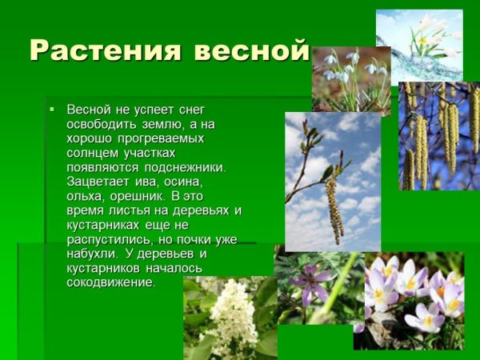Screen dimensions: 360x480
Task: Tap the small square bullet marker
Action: pyautogui.click(x=51, y=107)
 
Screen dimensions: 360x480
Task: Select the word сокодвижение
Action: pyautogui.click(x=111, y=282)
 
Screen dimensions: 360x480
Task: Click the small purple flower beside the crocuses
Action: pyautogui.click(x=308, y=280)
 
